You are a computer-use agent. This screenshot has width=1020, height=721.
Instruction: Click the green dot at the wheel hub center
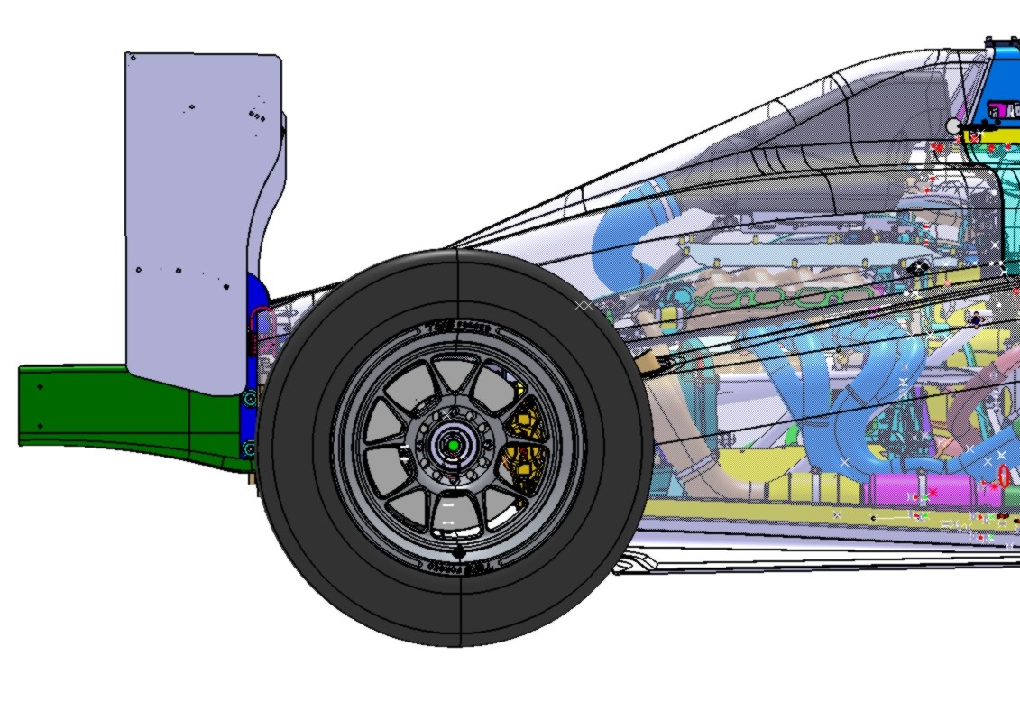(453, 445)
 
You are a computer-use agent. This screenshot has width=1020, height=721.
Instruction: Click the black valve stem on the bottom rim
(458, 550)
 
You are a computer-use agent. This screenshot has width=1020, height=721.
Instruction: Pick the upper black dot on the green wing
(40, 387)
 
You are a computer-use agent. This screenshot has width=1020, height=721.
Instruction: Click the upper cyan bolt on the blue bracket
(250, 397)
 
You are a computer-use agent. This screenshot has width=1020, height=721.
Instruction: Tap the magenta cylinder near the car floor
(911, 493)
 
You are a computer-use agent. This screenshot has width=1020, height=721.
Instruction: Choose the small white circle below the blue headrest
(954, 126)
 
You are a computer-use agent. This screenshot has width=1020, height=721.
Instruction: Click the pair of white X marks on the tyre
(584, 306)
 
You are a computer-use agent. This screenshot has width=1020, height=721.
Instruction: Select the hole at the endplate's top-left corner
(133, 58)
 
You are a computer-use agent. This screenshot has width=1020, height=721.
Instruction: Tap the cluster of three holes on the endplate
(256, 116)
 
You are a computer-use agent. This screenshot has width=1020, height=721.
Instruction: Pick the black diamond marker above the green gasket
(917, 267)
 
